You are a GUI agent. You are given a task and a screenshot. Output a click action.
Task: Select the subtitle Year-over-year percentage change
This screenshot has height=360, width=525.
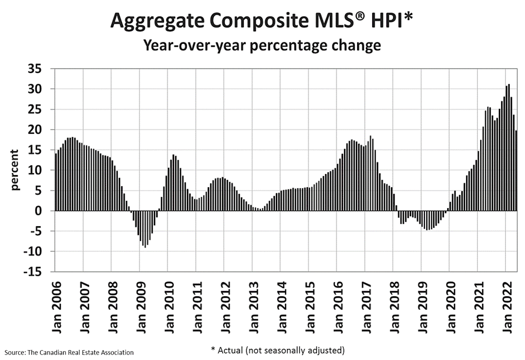coord(262,45)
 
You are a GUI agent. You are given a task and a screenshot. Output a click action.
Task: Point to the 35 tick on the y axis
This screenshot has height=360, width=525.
coord(35,69)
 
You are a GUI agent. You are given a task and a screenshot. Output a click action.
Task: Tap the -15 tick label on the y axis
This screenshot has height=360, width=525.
coord(33,271)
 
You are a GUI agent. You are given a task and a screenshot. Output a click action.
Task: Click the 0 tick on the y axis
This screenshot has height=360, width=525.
coord(38,211)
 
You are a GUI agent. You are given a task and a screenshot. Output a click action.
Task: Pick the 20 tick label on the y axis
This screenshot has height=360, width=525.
coord(35,129)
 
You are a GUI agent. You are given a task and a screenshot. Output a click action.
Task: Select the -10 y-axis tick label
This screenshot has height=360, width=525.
coord(33,251)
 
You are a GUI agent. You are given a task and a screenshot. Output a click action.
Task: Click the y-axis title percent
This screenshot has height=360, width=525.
coord(15,170)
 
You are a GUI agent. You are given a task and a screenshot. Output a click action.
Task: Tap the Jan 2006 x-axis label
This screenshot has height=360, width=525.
coord(57,307)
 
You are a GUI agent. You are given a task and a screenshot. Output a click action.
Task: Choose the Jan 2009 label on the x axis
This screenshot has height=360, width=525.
coord(142,307)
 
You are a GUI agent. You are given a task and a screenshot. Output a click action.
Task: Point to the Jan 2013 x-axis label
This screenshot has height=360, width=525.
coord(254,307)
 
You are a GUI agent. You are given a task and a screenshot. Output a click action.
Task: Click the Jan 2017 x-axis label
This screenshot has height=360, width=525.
coord(367,307)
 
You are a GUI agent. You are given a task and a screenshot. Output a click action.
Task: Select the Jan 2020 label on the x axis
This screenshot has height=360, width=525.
coord(451,307)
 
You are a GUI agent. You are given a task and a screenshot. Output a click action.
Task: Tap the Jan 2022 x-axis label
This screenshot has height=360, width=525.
coord(507,307)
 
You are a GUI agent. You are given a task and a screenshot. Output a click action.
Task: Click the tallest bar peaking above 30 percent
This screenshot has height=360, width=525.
coord(509,147)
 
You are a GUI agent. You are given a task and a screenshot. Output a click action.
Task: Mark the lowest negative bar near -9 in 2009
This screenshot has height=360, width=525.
coord(145,229)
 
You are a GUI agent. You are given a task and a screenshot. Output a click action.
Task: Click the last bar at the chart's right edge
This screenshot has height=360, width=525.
coord(516,170)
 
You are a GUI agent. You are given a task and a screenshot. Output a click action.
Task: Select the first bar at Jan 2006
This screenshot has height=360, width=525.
coord(56,182)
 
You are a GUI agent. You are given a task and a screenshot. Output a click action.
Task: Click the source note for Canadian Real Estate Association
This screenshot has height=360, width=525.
coord(69,352)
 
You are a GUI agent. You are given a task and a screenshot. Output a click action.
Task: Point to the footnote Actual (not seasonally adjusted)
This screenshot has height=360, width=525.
coord(277,350)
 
